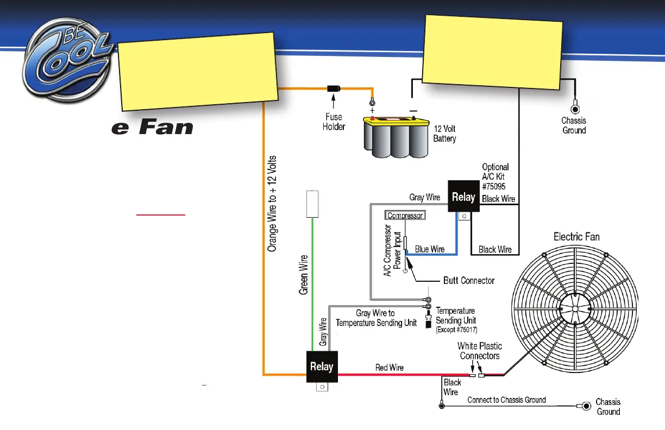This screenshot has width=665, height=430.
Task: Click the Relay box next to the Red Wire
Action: [322, 366]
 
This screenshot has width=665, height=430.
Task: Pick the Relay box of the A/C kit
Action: [463, 197]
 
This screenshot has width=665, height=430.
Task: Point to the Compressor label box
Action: [405, 216]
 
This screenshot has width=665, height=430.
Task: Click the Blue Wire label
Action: [430, 249]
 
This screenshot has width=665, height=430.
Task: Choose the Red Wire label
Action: [390, 368]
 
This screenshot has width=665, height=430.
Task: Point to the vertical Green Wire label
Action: [304, 275]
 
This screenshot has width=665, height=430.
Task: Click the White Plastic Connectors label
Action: [480, 351]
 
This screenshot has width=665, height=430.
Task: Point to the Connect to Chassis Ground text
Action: [506, 400]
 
